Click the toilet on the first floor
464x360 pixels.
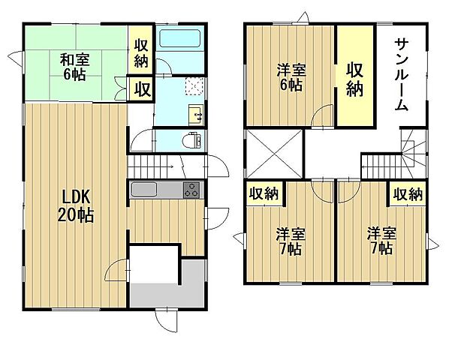point(193,139)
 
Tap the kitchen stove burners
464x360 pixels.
point(191,190)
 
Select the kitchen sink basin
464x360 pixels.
point(143,190)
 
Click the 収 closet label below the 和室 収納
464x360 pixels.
point(142,89)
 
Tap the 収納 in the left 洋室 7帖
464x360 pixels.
point(264,193)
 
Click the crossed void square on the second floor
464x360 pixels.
point(274,151)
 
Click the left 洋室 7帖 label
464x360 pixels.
point(288,241)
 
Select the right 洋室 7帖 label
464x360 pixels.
point(380,241)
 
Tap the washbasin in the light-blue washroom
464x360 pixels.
point(197,115)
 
